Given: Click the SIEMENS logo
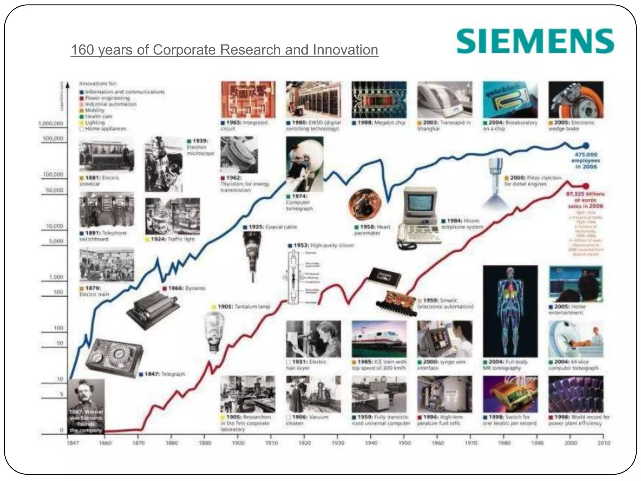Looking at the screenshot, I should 535,41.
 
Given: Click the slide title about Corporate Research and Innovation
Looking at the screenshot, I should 224,50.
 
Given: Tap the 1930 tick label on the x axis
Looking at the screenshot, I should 338,443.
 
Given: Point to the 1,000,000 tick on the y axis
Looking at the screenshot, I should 51,123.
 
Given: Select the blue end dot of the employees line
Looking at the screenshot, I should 586,145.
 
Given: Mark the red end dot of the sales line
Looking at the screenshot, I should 586,186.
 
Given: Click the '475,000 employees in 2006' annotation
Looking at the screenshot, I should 586,161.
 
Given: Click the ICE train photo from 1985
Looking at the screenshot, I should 379,339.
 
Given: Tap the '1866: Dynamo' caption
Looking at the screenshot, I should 184,288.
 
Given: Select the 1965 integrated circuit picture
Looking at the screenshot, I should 248,100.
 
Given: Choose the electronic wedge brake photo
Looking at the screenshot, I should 576,100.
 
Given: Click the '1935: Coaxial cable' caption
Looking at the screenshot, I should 270,227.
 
